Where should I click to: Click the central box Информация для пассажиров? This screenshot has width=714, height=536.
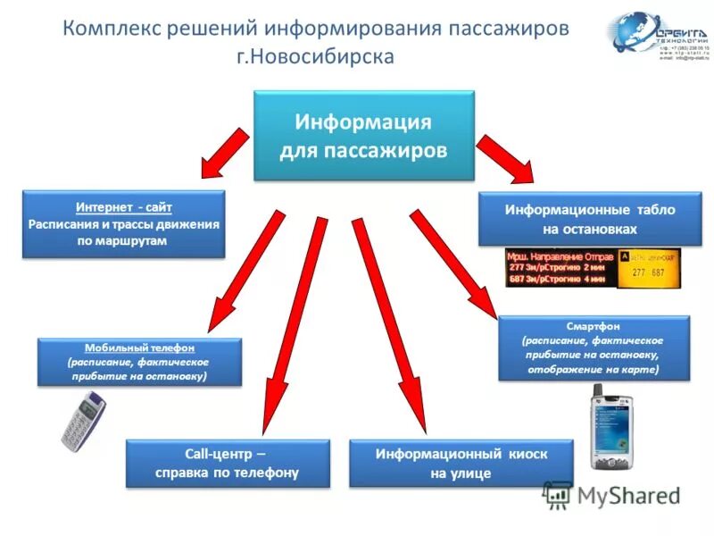click(x=363, y=135)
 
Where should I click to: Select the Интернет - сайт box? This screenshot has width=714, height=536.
click(x=122, y=223)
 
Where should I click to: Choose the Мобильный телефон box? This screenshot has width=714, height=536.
click(x=139, y=362)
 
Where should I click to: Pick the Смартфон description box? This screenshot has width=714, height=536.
click(x=593, y=348)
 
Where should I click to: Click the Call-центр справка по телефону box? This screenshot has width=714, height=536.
click(x=227, y=463)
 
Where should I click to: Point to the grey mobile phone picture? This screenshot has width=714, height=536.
click(x=83, y=420)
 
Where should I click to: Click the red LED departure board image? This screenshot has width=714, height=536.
click(x=560, y=267)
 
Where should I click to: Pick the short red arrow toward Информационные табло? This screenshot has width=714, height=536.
click(x=504, y=158)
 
